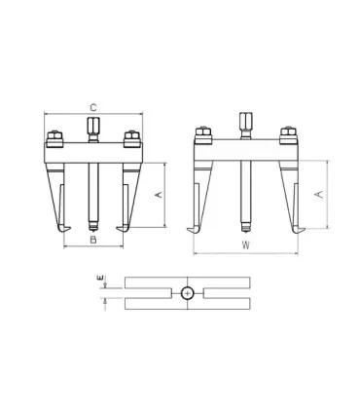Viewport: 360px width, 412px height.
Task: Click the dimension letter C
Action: pyautogui.click(x=92, y=106)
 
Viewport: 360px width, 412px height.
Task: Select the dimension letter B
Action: pyautogui.click(x=92, y=239)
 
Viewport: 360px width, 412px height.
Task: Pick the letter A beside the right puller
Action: pyautogui.click(x=319, y=194)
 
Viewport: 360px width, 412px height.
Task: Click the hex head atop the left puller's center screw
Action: pyautogui.click(x=92, y=127)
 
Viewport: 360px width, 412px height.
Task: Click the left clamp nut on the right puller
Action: pyautogui.click(x=203, y=133)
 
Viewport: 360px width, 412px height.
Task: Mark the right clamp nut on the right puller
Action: pyautogui.click(x=287, y=133)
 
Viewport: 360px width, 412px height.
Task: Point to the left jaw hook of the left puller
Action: pyautogui.click(x=64, y=228)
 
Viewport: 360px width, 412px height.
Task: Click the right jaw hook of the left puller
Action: pyautogui.click(x=122, y=228)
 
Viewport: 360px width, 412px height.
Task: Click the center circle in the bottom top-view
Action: pyautogui.click(x=187, y=292)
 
